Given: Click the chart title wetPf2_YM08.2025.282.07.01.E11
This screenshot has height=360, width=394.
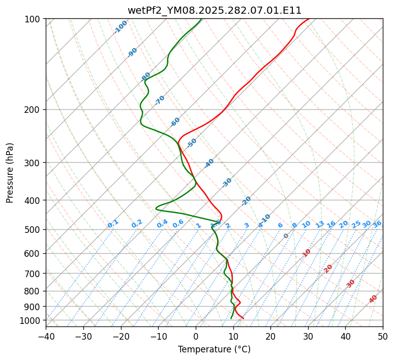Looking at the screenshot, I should [214, 10].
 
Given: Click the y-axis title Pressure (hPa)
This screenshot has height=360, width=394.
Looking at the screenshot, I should [10, 172].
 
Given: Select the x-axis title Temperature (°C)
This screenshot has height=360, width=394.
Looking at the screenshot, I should [214, 349].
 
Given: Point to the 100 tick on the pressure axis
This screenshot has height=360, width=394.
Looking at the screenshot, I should [34, 19].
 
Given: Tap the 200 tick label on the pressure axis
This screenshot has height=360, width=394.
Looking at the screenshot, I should [34, 110].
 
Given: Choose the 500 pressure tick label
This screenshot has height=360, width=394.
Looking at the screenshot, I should [34, 229].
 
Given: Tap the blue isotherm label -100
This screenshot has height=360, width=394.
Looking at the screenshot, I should [120, 27].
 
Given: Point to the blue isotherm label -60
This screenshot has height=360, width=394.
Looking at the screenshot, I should [175, 122].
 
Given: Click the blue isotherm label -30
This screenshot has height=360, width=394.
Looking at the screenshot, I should [227, 183].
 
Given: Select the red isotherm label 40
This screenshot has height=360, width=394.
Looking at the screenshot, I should [373, 299].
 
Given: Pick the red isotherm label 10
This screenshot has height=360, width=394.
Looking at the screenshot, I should [307, 253].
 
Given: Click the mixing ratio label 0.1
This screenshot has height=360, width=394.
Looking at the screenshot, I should [113, 224].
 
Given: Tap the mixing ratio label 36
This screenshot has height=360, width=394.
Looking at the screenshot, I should [377, 224].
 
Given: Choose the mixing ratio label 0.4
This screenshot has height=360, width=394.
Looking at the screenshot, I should [162, 224].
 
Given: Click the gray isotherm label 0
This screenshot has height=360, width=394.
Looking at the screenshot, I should [286, 236].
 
